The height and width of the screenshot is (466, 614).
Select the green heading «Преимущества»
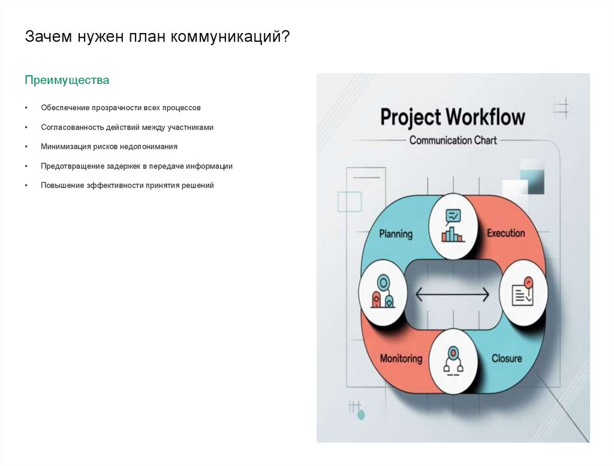coord(67,80)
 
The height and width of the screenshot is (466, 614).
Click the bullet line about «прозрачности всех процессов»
coord(121,108)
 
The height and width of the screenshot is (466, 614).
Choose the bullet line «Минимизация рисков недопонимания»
coord(109,146)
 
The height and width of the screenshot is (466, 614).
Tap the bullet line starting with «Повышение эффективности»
coord(127,185)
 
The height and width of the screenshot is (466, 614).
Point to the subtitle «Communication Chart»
coord(453,140)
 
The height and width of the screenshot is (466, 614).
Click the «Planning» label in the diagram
coord(396,233)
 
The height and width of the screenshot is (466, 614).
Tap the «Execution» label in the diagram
coord(505,233)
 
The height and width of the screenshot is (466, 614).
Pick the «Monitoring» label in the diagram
coord(401,359)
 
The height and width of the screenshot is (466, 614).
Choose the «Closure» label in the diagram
coord(507,359)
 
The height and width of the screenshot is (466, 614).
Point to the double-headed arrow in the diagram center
coord(453,294)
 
